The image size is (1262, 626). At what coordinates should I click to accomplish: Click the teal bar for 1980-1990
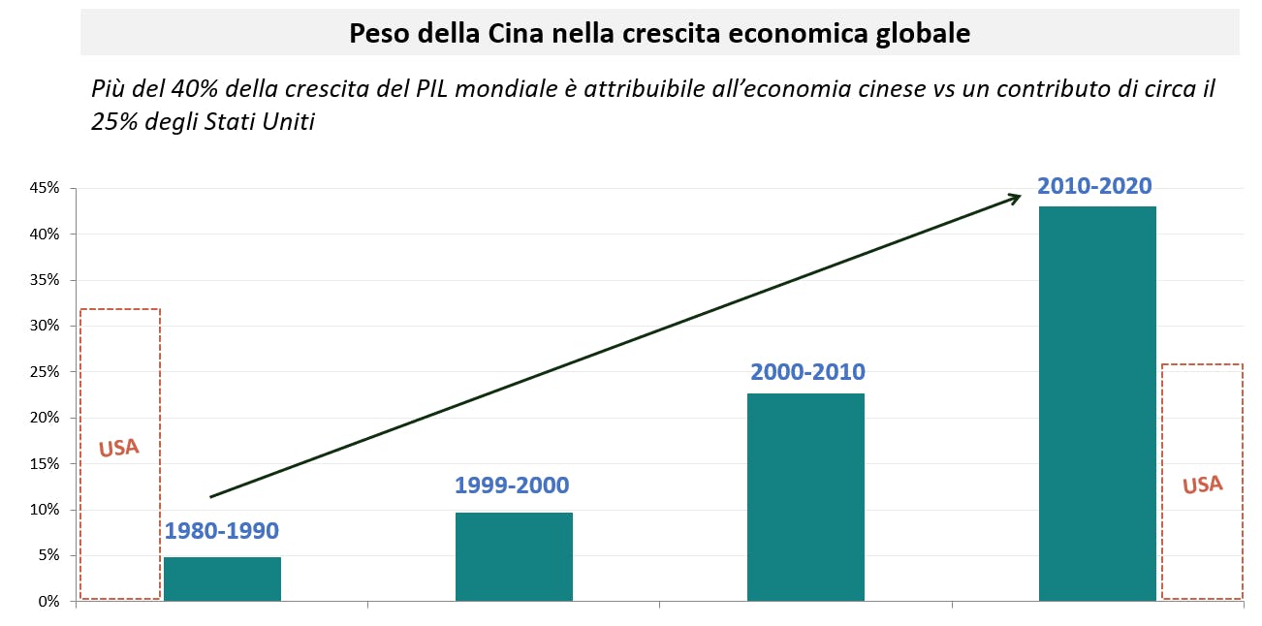pos(222,579)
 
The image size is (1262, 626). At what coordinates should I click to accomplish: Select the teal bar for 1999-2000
pos(514,556)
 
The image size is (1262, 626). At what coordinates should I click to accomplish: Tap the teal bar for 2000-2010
pos(805,496)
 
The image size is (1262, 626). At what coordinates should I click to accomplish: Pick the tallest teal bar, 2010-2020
pos(1097,403)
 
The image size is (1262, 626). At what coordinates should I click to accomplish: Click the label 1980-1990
pos(222,531)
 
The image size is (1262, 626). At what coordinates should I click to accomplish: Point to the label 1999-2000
pos(512,485)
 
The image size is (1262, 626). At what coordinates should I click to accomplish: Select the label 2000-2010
pos(807,372)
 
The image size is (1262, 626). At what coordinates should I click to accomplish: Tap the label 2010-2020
pos(1094,186)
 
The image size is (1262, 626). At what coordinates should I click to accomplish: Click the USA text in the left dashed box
pos(119,448)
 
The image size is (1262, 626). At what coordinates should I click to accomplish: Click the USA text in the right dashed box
pos(1202,485)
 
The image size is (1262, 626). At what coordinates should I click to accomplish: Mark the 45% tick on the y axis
pos(45,188)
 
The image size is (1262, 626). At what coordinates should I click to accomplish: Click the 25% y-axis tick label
pos(45,372)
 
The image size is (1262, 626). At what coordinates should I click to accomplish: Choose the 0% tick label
pos(48,602)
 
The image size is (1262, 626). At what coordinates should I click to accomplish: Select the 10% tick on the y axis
pos(45,510)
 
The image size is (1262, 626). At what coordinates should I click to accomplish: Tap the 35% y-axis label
pos(45,280)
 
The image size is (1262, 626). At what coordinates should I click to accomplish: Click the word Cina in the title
pos(524,34)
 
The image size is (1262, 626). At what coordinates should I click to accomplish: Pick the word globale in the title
pos(919,34)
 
